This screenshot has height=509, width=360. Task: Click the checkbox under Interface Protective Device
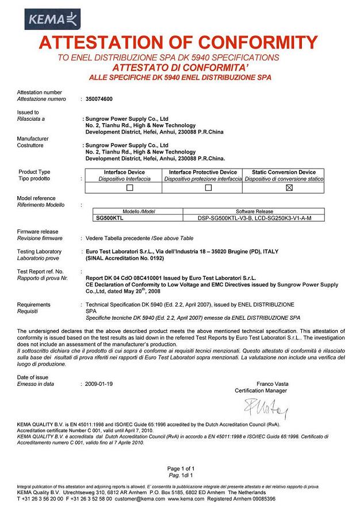(x=209, y=187)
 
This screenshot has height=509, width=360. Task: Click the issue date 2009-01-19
(x=98, y=383)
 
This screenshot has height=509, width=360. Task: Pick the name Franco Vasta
(x=273, y=384)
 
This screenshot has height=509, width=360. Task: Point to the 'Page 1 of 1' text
(x=181, y=469)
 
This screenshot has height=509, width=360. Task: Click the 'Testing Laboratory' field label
(x=39, y=251)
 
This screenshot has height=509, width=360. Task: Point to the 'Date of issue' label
(x=33, y=376)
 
